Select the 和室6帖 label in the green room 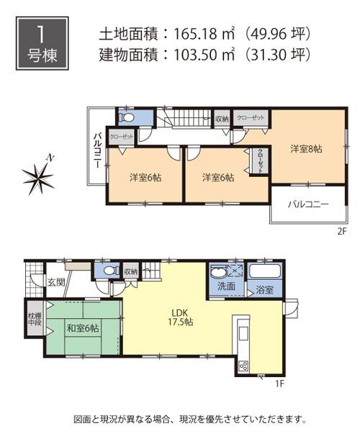[84, 328]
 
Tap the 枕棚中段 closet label [33, 319]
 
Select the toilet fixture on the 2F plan [127, 117]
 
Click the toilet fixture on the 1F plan [108, 271]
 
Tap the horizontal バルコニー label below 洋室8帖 [309, 204]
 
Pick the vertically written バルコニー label [96, 151]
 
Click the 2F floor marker [343, 232]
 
